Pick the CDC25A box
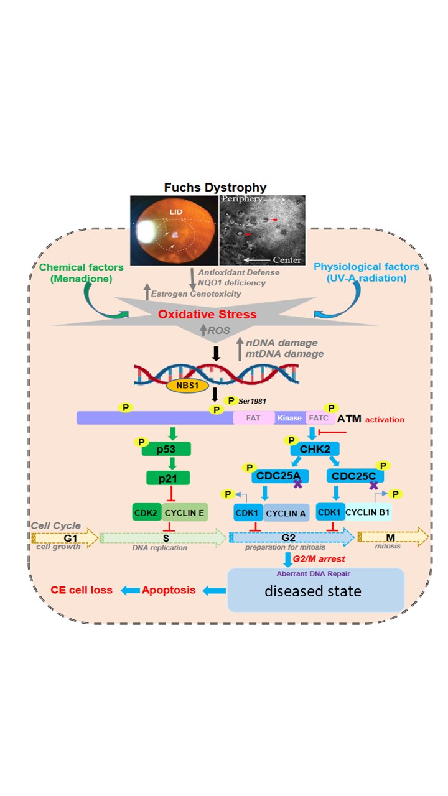276,476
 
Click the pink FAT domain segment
253,418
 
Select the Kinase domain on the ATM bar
289,418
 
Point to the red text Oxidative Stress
207,314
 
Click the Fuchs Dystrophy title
215,187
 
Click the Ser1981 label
254,402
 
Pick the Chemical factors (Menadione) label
73,272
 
